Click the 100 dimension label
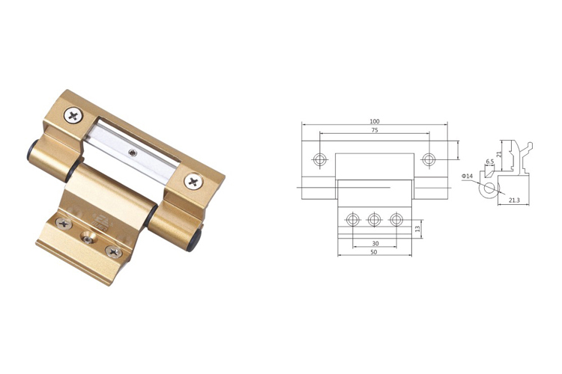pyautogui.click(x=374, y=122)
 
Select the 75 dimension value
pyautogui.click(x=375, y=130)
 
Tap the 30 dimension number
pyautogui.click(x=375, y=243)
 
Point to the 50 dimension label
pyautogui.click(x=374, y=252)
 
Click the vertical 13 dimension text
pyautogui.click(x=417, y=229)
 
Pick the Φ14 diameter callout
pyautogui.click(x=468, y=176)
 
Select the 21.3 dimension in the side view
pyautogui.click(x=514, y=200)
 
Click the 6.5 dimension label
pyautogui.click(x=490, y=162)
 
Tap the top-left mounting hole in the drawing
pyautogui.click(x=319, y=159)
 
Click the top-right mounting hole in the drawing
pyautogui.click(x=429, y=159)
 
